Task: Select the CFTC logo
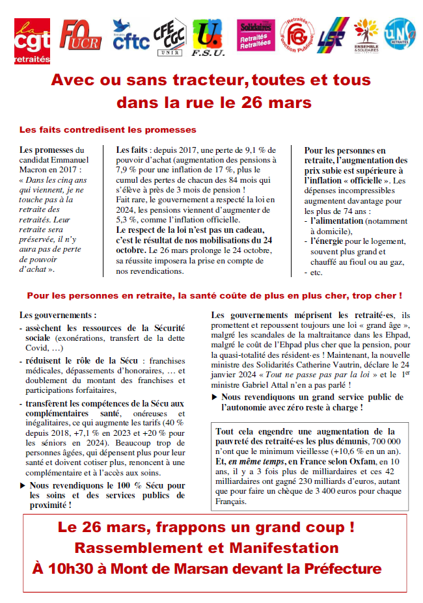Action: pos(131,38)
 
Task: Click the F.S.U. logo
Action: pos(208,38)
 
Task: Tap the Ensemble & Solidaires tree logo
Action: pos(367,37)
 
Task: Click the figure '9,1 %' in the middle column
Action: pos(249,149)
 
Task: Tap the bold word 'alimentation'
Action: pos(338,221)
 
